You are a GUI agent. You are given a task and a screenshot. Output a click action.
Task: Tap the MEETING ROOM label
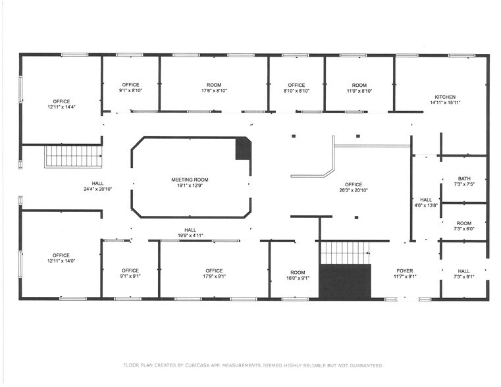coord(190,179)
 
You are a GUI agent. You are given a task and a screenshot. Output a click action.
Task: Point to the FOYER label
coord(404,271)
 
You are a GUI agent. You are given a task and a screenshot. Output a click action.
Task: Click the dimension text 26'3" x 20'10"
coord(353,190)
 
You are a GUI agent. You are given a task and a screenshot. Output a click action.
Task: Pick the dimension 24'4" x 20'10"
coord(97,190)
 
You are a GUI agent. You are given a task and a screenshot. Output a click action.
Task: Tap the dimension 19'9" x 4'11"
coord(190,235)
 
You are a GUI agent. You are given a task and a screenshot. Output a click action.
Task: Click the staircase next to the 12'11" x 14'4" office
coord(73,157)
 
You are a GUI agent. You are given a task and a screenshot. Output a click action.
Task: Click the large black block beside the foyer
coord(345,281)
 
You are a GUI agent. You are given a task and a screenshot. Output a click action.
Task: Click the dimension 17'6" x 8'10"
coord(214,91)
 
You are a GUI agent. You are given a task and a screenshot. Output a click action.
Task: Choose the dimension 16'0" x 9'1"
coord(298,278)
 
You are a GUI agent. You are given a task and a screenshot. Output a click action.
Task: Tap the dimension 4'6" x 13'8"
coord(426,206)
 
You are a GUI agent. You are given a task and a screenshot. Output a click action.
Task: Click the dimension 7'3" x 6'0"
coord(464,229)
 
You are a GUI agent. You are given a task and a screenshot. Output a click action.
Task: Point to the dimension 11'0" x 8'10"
coord(359,91)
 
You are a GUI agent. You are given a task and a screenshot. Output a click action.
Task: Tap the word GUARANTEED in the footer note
coord(362,365)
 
